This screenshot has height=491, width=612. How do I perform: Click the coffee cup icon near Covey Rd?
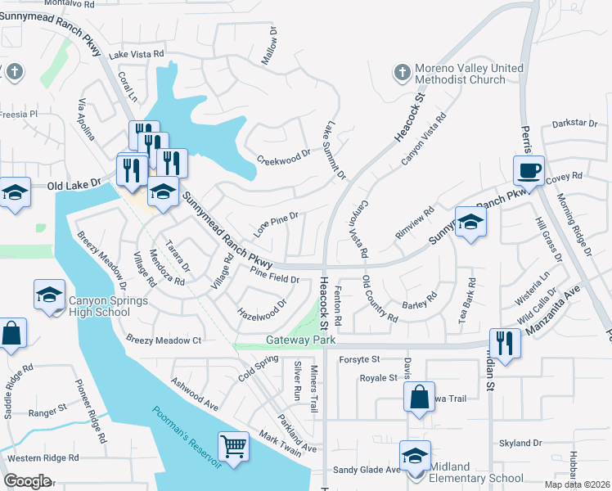click(x=529, y=170)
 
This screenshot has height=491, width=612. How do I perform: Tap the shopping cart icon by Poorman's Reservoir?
click(x=234, y=447)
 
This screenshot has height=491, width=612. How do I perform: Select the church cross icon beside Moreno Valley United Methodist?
click(x=401, y=74)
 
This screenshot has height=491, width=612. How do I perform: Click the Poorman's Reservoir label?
click(x=187, y=438)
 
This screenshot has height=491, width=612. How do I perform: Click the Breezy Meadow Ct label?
click(x=164, y=340)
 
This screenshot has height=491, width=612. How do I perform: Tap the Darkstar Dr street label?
click(x=575, y=123)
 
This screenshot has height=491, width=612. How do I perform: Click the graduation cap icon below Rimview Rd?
click(x=470, y=221)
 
